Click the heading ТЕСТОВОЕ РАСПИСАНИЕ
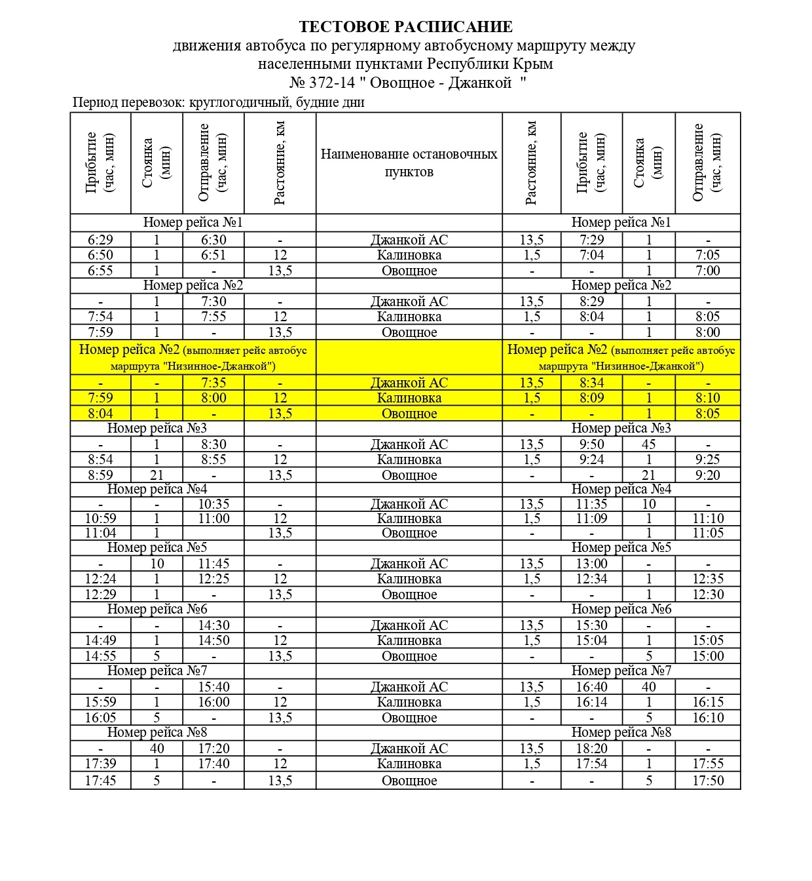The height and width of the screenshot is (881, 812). click(405, 27)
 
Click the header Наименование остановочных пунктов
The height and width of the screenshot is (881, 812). click(409, 163)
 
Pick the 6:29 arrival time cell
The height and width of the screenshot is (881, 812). click(100, 240)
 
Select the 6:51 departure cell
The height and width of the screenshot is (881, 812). click(213, 255)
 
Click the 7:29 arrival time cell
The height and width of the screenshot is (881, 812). click(591, 240)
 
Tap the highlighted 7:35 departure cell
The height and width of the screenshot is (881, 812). click(213, 383)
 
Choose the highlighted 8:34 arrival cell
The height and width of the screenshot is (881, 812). click(591, 383)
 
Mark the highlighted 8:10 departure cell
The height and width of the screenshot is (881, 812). click(707, 398)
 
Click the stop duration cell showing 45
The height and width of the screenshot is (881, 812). click(648, 444)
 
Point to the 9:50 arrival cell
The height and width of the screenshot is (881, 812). click(591, 444)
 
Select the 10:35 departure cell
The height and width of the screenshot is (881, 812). click(213, 504)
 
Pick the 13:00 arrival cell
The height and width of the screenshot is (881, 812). click(591, 564)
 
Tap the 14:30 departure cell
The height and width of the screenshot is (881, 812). click(213, 625)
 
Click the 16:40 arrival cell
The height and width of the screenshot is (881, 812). click(591, 687)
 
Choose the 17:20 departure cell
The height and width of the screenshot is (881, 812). click(213, 749)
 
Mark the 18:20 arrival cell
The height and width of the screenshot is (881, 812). click(591, 749)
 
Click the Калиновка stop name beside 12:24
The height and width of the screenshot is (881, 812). click(409, 579)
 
